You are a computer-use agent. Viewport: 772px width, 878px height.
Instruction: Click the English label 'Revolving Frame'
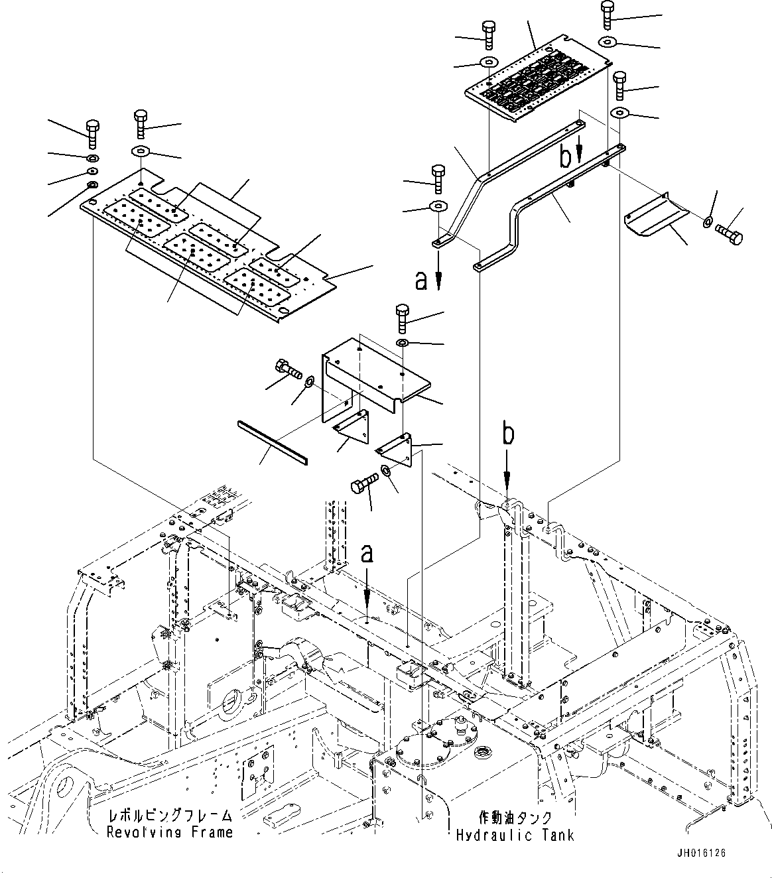coord(170,832)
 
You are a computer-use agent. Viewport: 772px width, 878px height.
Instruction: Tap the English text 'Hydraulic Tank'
coord(515,836)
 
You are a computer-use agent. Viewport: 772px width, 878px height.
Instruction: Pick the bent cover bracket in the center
coord(371,378)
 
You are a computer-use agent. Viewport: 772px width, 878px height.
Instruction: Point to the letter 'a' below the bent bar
coord(421,281)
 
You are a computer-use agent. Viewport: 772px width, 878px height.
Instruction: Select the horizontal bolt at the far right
coord(730,233)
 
